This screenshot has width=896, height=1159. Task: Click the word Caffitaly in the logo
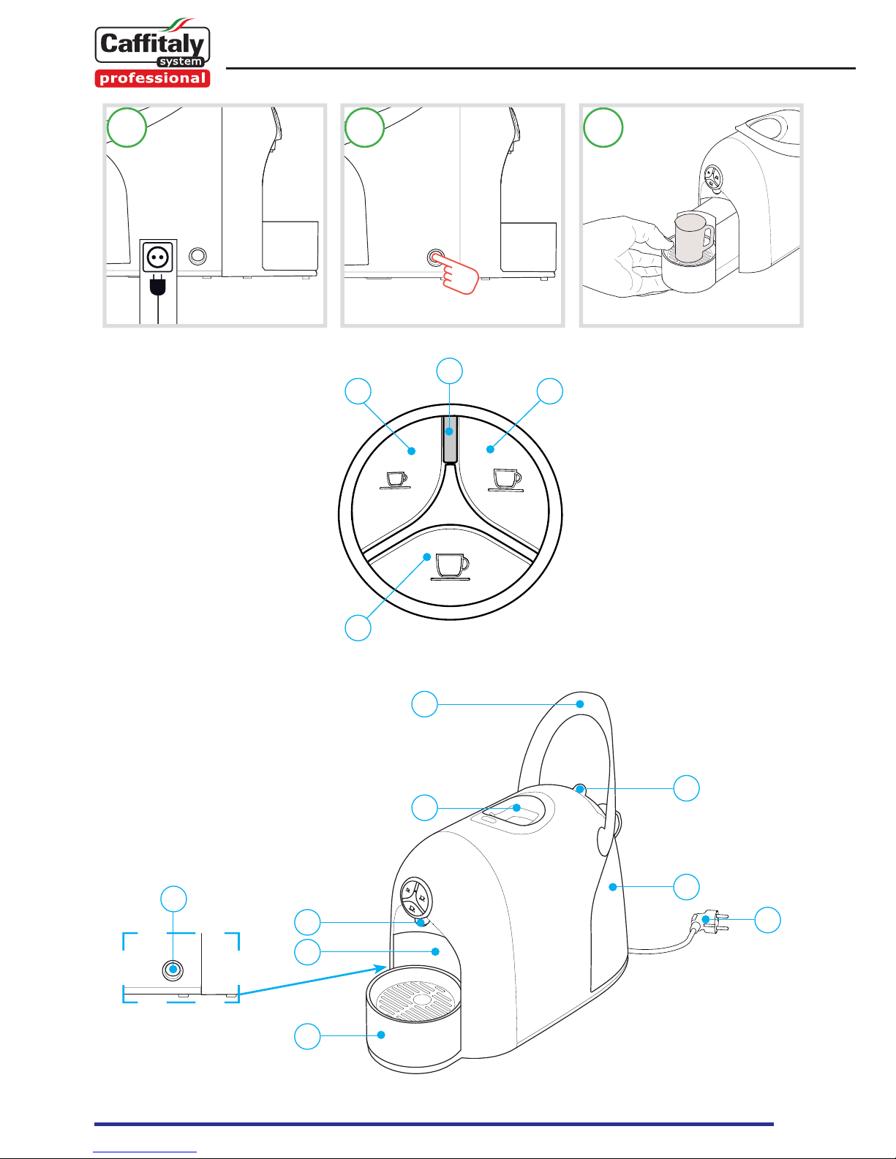(153, 44)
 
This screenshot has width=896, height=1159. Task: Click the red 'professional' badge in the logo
(153, 78)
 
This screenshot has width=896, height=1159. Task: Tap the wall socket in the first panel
(158, 257)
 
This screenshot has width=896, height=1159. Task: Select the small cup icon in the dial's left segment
(396, 480)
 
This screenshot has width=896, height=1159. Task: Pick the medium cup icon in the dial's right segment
(506, 480)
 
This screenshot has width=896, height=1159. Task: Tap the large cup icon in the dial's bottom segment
(451, 567)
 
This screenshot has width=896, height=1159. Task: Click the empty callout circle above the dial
(450, 371)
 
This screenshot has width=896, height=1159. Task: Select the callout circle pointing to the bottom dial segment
(358, 628)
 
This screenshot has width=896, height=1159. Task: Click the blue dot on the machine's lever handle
(580, 704)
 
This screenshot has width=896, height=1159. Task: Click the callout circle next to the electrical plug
(767, 919)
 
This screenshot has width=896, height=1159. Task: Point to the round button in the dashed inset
(173, 970)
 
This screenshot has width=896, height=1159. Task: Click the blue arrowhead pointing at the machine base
(380, 968)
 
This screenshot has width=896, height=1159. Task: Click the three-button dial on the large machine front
(415, 898)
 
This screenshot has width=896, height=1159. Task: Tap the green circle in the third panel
(603, 127)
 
